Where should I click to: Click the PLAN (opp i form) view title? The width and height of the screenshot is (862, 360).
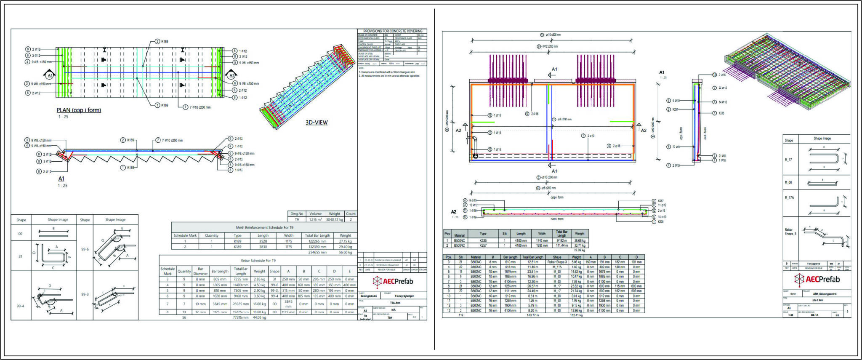(x=79, y=110)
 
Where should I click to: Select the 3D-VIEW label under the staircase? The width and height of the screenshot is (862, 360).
(x=316, y=123)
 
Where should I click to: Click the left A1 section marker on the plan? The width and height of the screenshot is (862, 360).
(x=50, y=75)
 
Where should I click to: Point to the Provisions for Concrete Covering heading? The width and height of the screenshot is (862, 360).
(x=392, y=31)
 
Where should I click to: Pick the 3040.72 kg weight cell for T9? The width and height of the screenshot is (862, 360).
(x=335, y=219)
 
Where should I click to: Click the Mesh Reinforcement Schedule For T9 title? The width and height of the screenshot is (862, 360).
(x=264, y=227)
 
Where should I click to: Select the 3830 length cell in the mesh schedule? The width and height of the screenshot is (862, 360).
(x=263, y=247)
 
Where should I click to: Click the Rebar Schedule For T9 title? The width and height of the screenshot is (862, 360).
(x=258, y=261)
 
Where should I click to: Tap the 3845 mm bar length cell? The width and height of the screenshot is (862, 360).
(x=220, y=304)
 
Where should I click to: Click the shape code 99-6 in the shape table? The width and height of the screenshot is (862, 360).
(x=85, y=249)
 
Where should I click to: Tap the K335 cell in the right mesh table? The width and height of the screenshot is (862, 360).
(x=483, y=240)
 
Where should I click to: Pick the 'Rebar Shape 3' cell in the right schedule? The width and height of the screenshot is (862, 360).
(x=557, y=262)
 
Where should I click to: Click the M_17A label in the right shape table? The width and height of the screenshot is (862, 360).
(x=789, y=197)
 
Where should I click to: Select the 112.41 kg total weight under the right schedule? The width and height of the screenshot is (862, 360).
(x=576, y=315)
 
